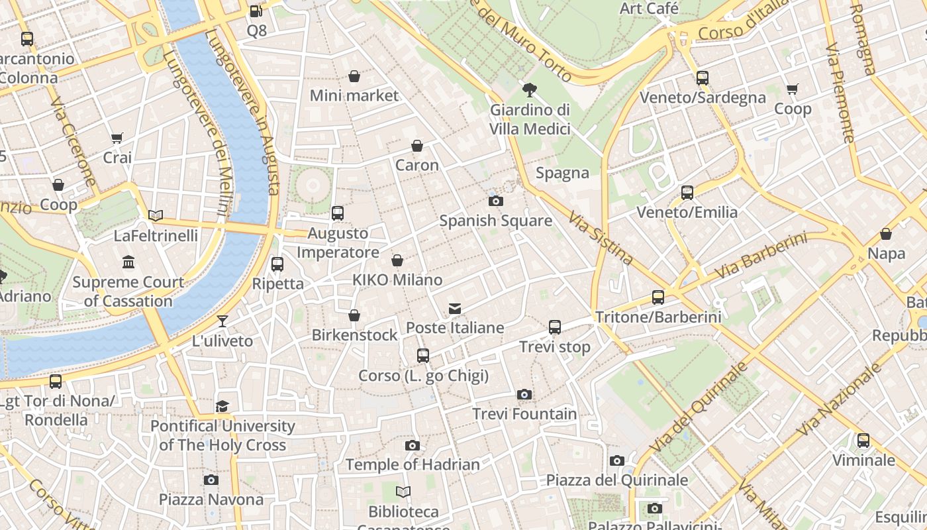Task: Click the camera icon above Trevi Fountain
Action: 524,395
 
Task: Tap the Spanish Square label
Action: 495,221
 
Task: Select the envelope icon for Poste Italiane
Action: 455,309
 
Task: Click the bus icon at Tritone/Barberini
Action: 658,297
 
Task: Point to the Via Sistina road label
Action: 601,238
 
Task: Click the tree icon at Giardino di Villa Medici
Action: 529,90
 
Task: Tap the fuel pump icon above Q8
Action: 256,11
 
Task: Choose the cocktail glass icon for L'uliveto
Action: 222,321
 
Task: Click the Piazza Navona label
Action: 211,499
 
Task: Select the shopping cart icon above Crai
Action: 117,138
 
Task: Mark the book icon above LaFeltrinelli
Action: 156,216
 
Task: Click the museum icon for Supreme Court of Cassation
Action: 128,262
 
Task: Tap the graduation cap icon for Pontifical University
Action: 222,406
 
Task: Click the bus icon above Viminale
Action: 863,441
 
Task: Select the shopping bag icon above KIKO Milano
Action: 397,261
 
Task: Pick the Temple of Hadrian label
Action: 413,464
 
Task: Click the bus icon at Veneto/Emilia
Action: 687,193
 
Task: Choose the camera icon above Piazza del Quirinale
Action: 617,460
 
